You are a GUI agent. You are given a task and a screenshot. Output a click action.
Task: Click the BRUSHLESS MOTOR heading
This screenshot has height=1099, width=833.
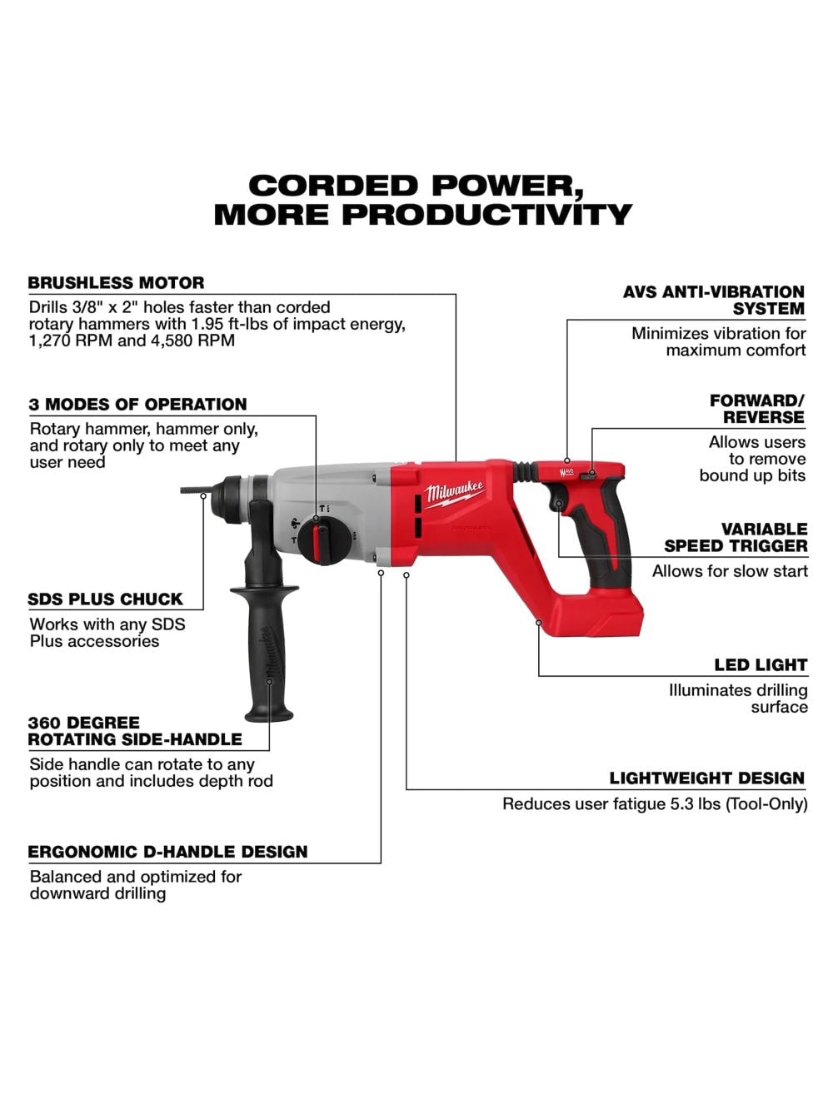coord(116,282)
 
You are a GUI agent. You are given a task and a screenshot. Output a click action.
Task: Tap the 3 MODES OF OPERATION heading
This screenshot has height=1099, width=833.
coord(137,405)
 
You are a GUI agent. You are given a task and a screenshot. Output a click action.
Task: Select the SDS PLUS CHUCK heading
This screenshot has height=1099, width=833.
coord(105,599)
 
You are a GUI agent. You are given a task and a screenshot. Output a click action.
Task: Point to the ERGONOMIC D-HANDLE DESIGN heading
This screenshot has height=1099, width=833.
coord(167,852)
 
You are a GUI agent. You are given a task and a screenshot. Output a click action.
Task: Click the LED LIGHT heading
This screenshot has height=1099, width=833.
coord(761,665)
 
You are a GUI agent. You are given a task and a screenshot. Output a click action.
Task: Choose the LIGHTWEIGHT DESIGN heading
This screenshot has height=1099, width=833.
coord(707,778)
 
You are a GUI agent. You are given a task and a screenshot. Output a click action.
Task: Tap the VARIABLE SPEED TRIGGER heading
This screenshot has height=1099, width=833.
coord(736,538)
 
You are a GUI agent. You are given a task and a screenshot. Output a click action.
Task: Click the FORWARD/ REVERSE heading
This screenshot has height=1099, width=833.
coord(757,409)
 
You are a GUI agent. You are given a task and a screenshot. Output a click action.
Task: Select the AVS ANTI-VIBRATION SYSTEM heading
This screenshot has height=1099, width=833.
coord(714,301)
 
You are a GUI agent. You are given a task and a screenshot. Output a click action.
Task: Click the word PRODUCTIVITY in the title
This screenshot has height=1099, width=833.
coord(487,215)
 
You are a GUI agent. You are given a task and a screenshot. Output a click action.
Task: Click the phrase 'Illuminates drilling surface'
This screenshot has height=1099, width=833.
coord(738,699)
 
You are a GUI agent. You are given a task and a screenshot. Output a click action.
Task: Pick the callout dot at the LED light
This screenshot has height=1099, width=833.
coord(539,622)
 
